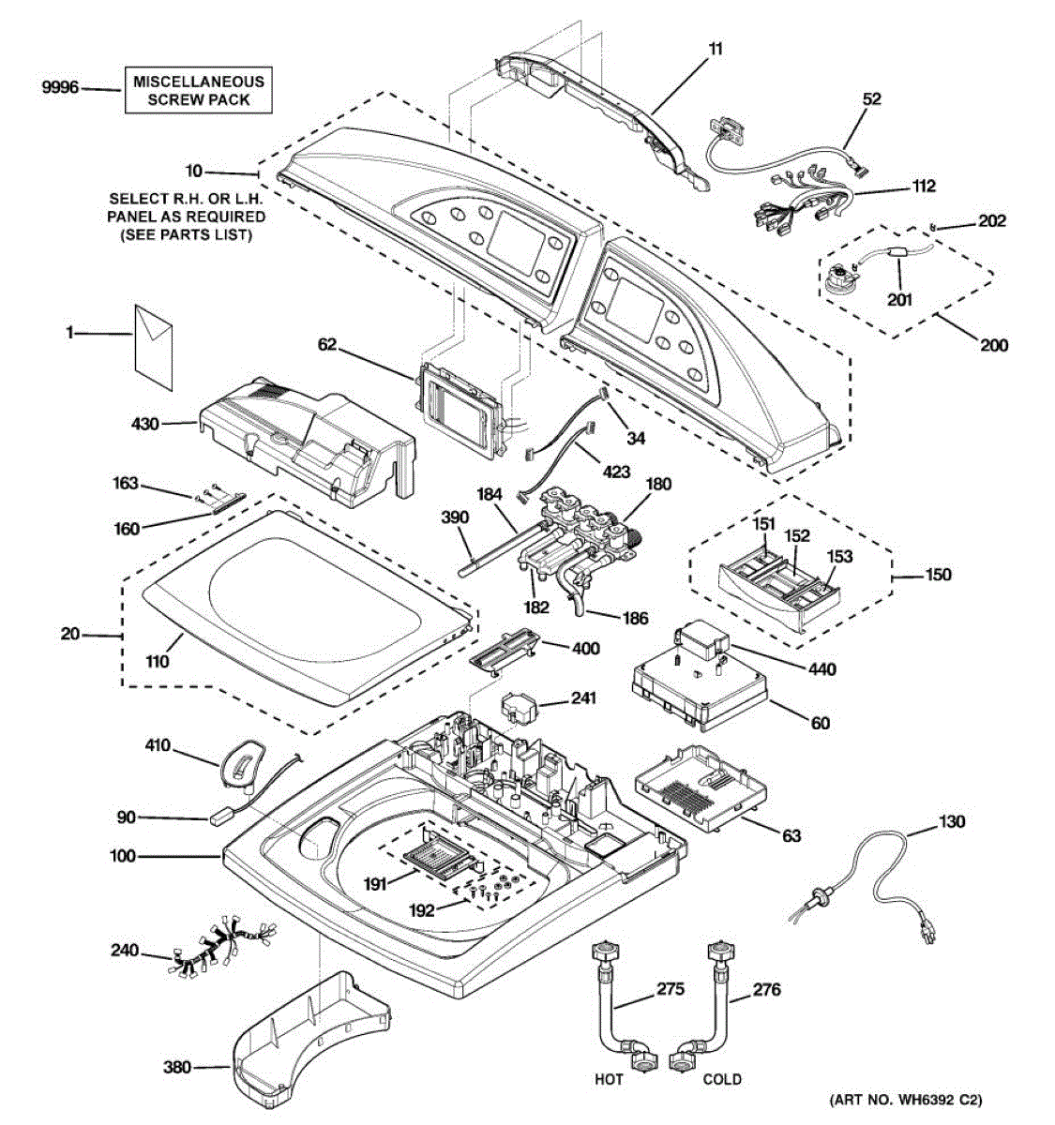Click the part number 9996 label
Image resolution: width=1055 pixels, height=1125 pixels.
tap(60, 88)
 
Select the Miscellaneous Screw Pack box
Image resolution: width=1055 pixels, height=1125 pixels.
tap(199, 91)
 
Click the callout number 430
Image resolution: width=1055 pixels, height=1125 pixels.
tap(145, 424)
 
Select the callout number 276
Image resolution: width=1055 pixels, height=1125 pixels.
tap(766, 990)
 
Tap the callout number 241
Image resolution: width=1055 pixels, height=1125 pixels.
tap(581, 697)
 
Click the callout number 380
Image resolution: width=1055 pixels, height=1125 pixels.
tap(177, 1068)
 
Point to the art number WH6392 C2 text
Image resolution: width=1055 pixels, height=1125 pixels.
tap(906, 1100)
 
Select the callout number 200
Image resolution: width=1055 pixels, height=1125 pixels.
tap(994, 345)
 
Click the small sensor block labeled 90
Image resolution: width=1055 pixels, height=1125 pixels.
tap(220, 818)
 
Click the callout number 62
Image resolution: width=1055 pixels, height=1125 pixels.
tap(327, 344)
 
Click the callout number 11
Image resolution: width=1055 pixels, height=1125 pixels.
tap(716, 50)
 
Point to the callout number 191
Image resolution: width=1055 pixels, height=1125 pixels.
tap(375, 883)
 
